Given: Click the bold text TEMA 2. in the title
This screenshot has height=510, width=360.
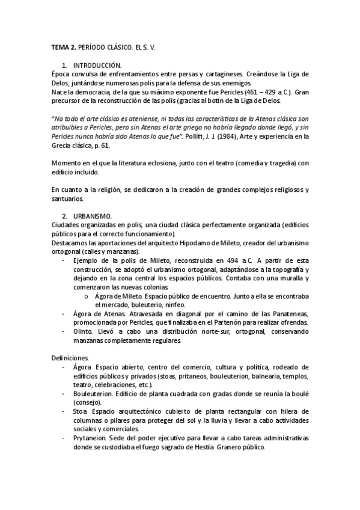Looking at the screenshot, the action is point(61,46).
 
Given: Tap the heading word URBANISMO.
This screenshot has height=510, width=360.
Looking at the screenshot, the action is point(93,215).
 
